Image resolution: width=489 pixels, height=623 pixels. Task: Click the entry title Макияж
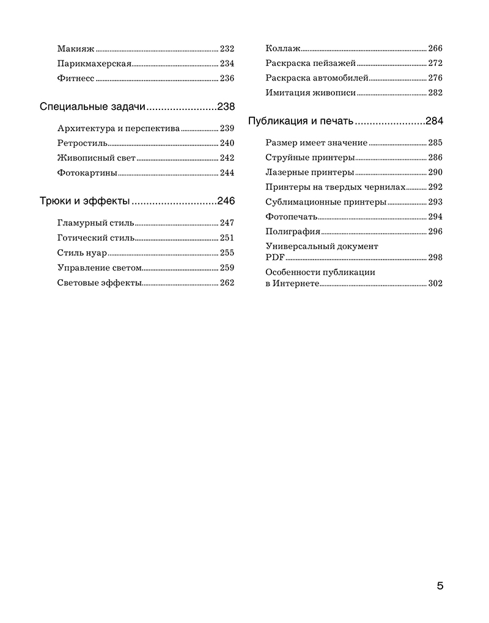[x=76, y=49]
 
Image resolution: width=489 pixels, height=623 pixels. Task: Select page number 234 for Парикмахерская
[x=227, y=64]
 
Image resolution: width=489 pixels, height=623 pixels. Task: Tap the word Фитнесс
[x=76, y=78]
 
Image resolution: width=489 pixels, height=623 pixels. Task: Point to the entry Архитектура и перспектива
[x=119, y=129]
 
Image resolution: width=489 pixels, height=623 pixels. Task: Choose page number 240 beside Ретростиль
[x=227, y=144]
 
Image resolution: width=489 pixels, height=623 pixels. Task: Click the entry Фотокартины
[x=87, y=173]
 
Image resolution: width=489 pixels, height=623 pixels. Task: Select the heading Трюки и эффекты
[x=84, y=202]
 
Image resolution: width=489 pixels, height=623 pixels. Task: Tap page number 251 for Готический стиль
[x=227, y=238]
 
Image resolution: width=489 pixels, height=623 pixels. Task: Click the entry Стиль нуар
[x=82, y=253]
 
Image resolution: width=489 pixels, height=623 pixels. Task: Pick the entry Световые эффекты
[x=99, y=282]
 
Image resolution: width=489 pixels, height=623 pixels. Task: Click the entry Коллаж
[x=283, y=49]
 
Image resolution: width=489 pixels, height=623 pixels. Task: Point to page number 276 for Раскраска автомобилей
[x=435, y=78]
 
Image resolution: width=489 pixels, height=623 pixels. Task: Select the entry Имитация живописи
[x=311, y=93]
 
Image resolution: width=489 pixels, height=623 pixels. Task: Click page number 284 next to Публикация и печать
[x=435, y=122]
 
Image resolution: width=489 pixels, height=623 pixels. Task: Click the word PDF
[x=274, y=257]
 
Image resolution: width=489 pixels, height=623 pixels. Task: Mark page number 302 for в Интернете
[x=435, y=283]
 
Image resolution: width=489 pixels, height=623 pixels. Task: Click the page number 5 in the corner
[x=440, y=586]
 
